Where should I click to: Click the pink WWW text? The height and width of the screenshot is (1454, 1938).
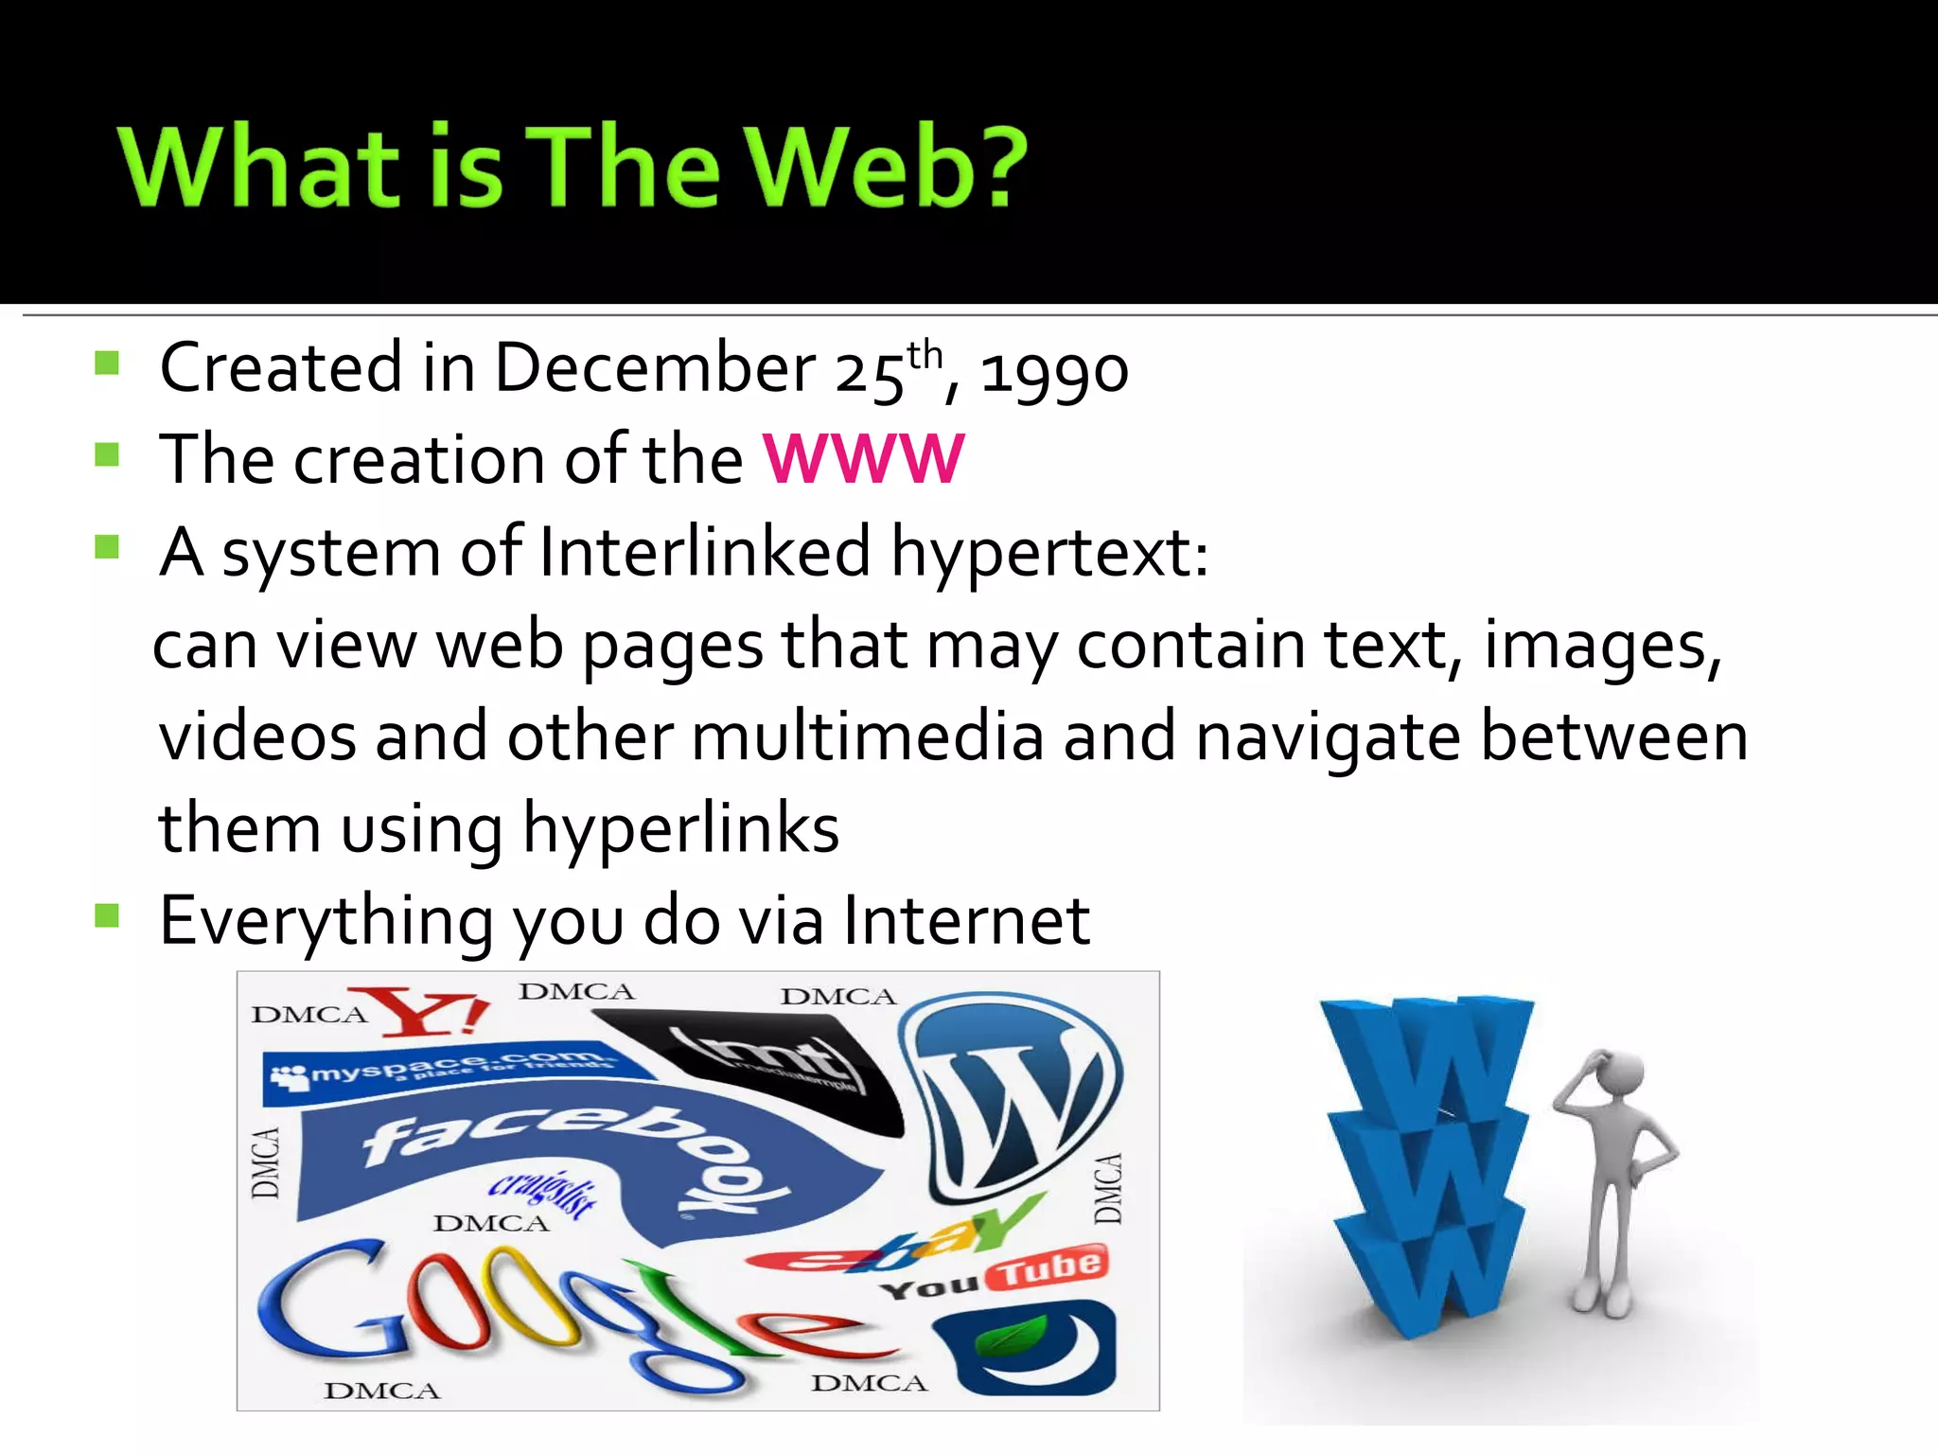point(863,460)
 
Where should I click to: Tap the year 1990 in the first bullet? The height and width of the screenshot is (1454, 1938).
point(1053,369)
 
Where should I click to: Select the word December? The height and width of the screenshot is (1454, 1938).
point(654,367)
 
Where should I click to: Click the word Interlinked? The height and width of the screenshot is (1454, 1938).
point(704,552)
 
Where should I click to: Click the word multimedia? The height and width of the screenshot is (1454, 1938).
point(867,736)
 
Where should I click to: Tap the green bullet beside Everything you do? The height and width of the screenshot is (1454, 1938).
point(107,915)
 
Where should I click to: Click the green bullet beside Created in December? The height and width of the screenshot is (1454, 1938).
point(107,363)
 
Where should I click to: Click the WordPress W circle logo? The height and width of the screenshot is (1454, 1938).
point(1011,1093)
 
